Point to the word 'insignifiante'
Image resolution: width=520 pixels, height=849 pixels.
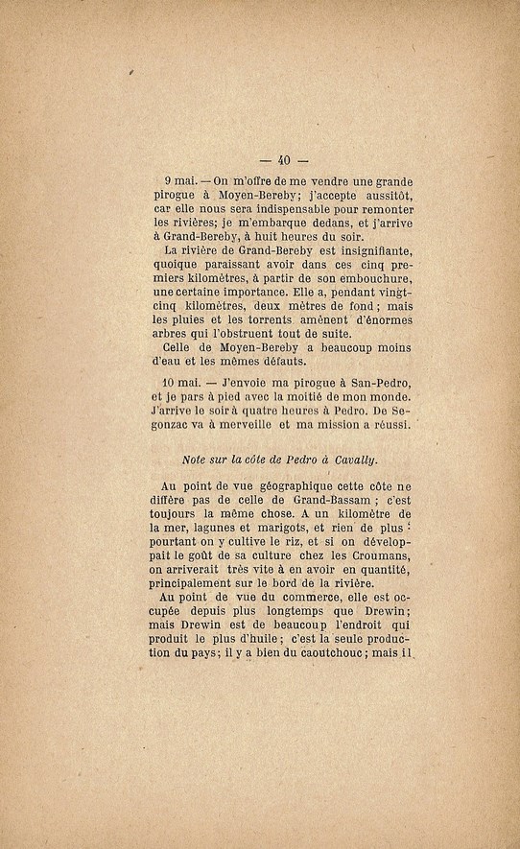pos(365,252)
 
